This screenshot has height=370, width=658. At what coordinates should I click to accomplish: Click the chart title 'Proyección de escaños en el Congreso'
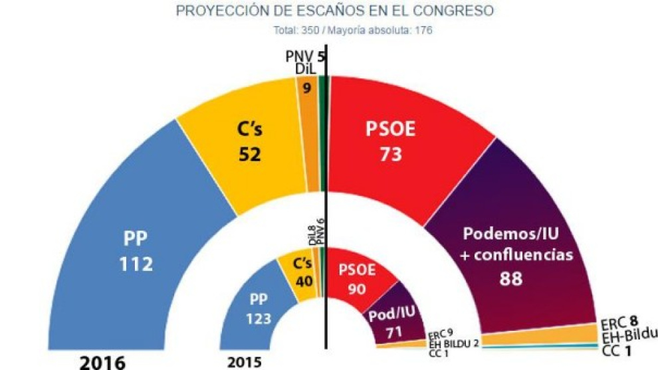click(x=335, y=11)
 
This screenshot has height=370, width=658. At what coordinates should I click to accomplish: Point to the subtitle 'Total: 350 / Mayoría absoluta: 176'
click(x=353, y=31)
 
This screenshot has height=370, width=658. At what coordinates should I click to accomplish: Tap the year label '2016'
click(x=103, y=362)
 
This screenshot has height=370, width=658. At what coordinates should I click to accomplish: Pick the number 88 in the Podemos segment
click(x=510, y=279)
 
